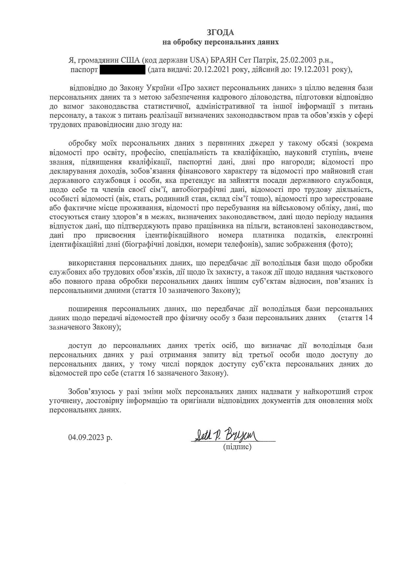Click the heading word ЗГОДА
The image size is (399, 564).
coord(220,32)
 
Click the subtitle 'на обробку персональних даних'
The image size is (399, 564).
coord(220,42)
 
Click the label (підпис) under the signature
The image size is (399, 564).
coord(237,446)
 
